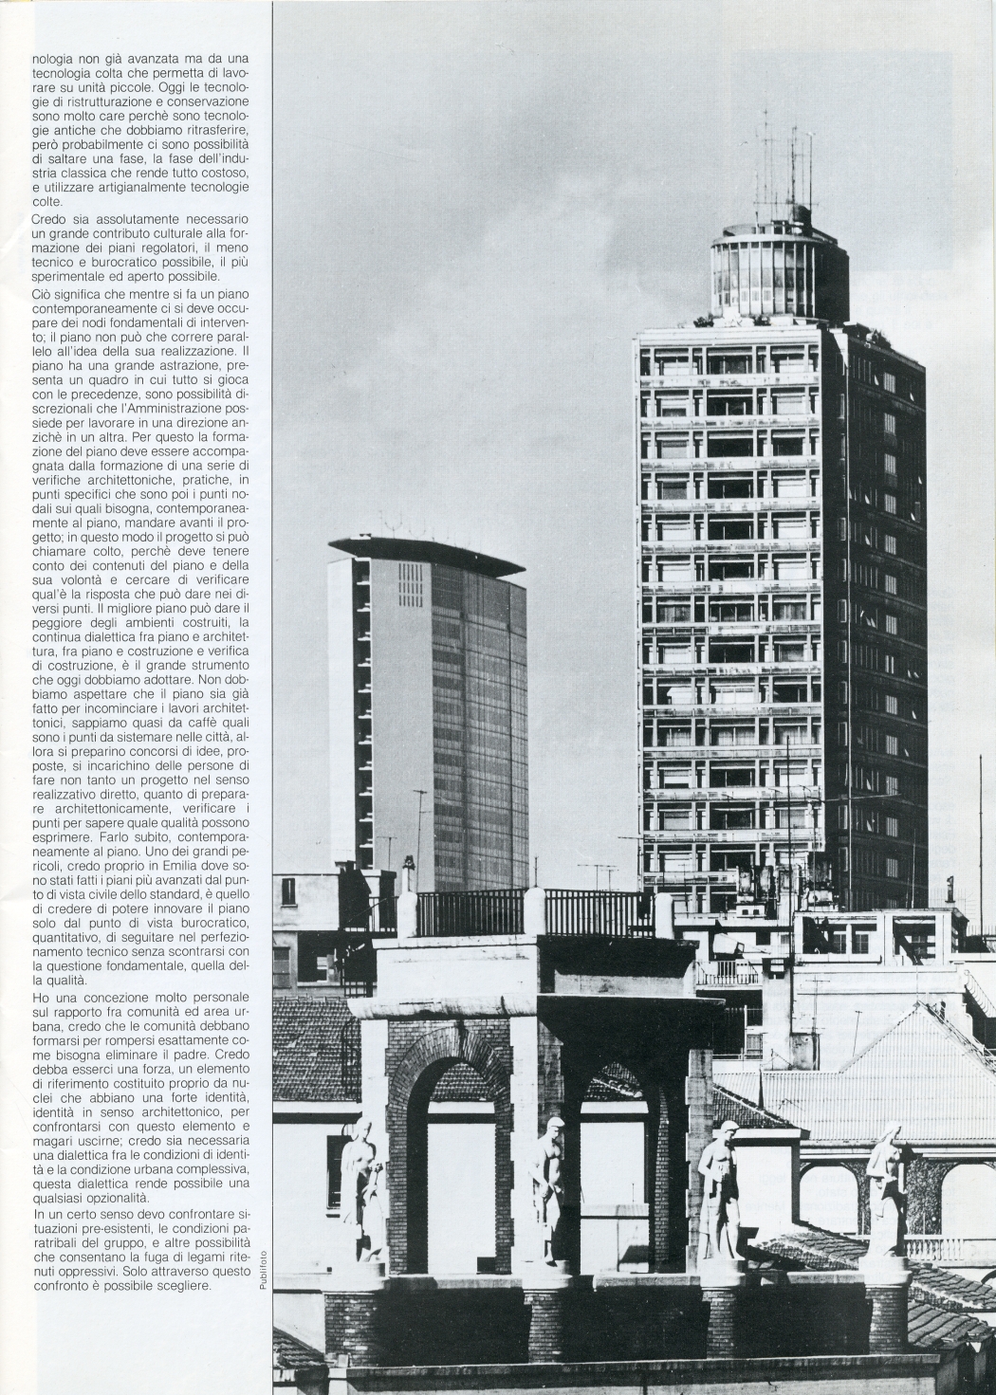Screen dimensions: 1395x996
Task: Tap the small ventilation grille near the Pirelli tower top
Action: [x=410, y=584]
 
